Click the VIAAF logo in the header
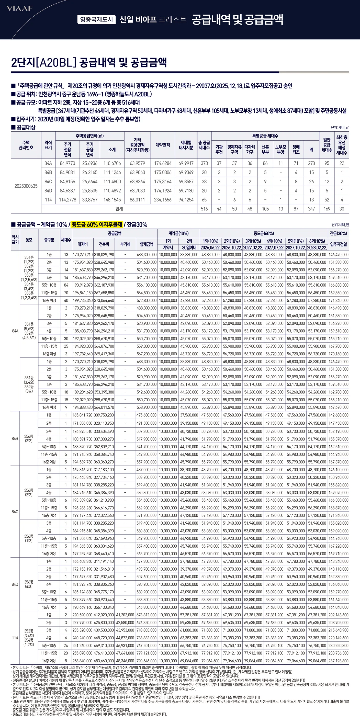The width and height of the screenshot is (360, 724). [x=20, y=8]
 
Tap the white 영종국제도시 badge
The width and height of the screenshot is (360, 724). [x=96, y=19]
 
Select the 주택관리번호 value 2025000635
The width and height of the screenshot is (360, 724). [x=26, y=186]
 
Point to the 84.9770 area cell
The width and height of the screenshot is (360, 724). [x=67, y=163]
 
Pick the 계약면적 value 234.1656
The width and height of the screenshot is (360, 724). [x=163, y=200]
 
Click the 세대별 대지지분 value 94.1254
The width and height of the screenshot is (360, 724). [x=186, y=200]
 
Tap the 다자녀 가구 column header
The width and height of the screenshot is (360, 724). [x=250, y=149]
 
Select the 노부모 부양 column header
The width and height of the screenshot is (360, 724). [x=280, y=149]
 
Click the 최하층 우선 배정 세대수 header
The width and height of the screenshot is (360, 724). [x=342, y=145]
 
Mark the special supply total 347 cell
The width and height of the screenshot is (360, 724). [x=311, y=209]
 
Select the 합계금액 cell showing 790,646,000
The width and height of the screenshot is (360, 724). [x=147, y=661]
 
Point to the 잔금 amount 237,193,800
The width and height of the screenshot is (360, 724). [x=338, y=661]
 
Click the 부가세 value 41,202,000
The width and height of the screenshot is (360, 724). [x=125, y=615]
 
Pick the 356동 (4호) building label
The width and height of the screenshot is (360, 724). [x=29, y=584]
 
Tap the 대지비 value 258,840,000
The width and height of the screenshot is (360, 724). [x=83, y=661]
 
